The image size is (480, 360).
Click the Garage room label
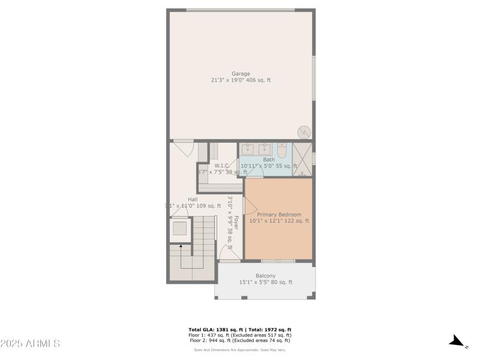point(241,74)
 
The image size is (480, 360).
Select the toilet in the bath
point(282,149)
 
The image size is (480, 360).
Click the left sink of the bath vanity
point(248,148)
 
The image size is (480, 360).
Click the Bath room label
point(269,160)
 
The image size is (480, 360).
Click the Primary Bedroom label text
point(279,214)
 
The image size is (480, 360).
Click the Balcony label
point(265,276)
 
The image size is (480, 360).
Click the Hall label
point(193,199)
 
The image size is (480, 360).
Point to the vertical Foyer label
point(236,223)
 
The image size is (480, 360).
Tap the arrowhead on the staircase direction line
point(180,245)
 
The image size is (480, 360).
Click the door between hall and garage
point(183,145)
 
